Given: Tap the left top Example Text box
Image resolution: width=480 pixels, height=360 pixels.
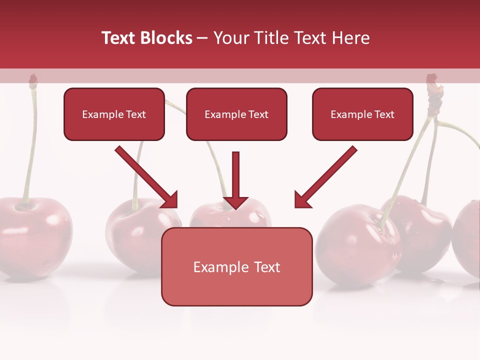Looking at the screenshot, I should click(x=114, y=114).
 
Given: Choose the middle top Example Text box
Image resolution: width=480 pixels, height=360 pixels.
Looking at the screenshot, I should click(x=236, y=114).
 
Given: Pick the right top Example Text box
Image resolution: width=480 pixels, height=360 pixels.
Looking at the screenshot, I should click(x=362, y=114).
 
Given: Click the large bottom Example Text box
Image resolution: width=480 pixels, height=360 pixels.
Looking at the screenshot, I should click(x=236, y=267).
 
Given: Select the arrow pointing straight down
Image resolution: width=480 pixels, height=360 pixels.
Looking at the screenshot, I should click(x=235, y=180).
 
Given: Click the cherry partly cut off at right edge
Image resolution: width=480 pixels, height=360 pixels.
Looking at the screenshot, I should click(x=468, y=237).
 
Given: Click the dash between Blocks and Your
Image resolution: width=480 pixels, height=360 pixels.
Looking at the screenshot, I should click(x=202, y=38).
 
